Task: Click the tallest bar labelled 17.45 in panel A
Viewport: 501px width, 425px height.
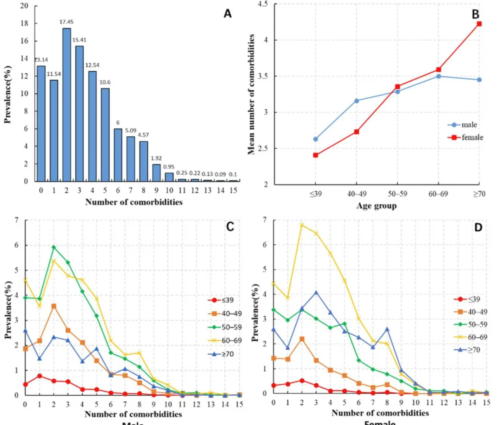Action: pos(66,105)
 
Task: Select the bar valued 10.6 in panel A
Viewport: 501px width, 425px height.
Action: pos(105,135)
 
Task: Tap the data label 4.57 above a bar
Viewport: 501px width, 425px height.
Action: pos(143,135)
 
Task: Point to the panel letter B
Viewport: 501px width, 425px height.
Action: pos(475,14)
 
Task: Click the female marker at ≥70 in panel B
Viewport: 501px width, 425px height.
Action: pos(479,24)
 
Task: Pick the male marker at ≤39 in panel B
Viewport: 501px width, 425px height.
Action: pos(316,139)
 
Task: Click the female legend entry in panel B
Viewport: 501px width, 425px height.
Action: pos(465,137)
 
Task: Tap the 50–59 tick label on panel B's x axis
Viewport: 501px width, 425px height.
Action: pos(397,194)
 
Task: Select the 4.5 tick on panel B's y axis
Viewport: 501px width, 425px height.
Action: pos(263,4)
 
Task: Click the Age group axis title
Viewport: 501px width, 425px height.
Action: pos(376,206)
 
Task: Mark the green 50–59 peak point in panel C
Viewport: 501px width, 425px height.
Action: pos(54,247)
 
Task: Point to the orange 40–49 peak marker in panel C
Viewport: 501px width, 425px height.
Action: pos(54,306)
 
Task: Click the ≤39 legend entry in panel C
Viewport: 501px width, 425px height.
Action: pos(221,300)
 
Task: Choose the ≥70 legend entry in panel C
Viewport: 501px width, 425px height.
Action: pos(221,354)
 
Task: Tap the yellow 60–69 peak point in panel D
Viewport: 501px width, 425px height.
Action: pos(302,225)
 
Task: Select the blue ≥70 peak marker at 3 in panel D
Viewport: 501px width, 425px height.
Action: pos(316,293)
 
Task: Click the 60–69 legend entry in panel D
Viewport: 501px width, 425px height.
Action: pos(471,337)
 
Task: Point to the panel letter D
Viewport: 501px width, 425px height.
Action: pos(478,227)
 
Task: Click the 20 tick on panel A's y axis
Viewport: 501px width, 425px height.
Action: pos(24,6)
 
